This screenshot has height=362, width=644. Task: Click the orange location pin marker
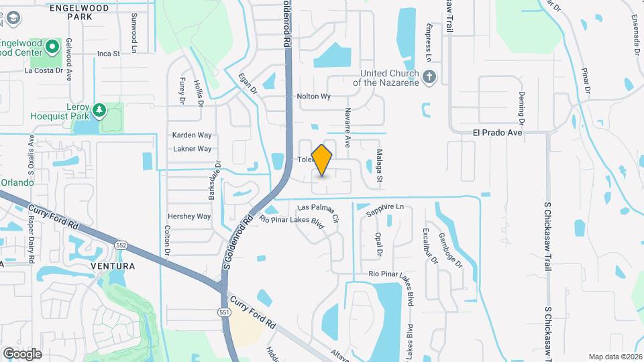[322, 160]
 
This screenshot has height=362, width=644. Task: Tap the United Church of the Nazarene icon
[429, 77]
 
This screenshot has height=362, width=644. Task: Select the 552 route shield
[121, 245]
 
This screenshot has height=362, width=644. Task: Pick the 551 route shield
[224, 312]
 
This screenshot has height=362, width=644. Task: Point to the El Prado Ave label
[496, 133]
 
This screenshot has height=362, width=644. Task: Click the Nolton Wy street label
[314, 97]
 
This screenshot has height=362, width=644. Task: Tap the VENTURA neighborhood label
[113, 266]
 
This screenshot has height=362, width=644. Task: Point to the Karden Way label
[192, 135]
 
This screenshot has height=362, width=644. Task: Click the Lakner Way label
[192, 149]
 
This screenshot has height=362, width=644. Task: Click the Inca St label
[108, 53]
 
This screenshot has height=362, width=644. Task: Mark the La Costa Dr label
[43, 70]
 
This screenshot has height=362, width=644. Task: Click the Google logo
[22, 353]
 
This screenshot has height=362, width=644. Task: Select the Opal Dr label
[378, 245]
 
